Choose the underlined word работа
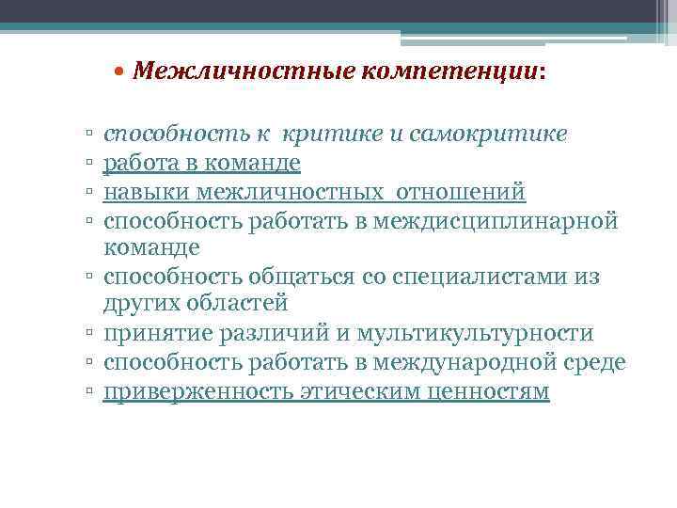tap(137, 164)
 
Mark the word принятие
tap(150, 333)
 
